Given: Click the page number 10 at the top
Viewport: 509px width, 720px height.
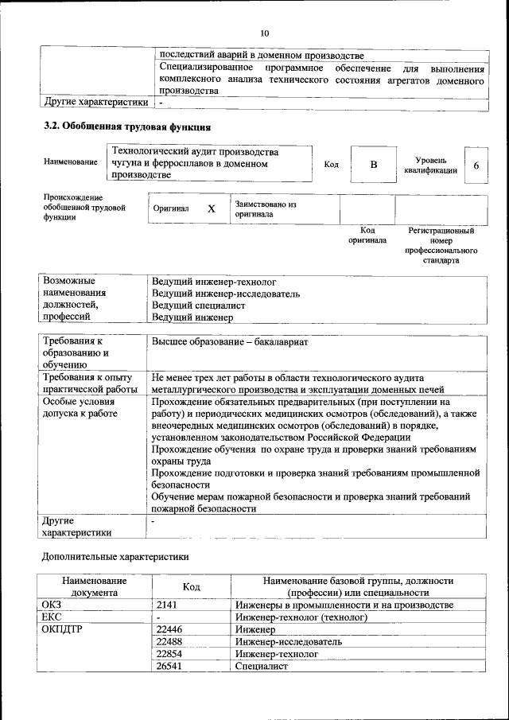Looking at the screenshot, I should coord(264,33).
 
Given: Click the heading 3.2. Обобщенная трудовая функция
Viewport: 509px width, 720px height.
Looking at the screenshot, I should coord(126,126).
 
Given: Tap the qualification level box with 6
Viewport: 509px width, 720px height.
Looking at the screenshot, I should coord(476,165).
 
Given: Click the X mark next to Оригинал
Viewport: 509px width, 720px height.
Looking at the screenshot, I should coord(212,208).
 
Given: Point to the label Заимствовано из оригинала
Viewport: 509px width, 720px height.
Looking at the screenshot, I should coord(266,209).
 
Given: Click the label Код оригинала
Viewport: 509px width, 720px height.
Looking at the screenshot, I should coord(367,235).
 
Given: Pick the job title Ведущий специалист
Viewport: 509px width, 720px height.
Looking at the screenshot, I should coord(198,306).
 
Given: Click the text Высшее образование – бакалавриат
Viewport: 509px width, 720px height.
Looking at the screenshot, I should coord(231,342).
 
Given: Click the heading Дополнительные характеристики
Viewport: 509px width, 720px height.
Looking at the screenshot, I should coord(115,557).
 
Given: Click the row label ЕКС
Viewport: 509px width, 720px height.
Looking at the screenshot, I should coord(51,617).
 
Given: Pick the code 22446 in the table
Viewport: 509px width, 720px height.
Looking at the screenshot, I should coord(169,629).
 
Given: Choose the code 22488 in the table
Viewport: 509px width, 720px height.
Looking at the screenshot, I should coord(169,641).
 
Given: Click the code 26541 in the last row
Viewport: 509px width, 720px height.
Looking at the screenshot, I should coord(169,665).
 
